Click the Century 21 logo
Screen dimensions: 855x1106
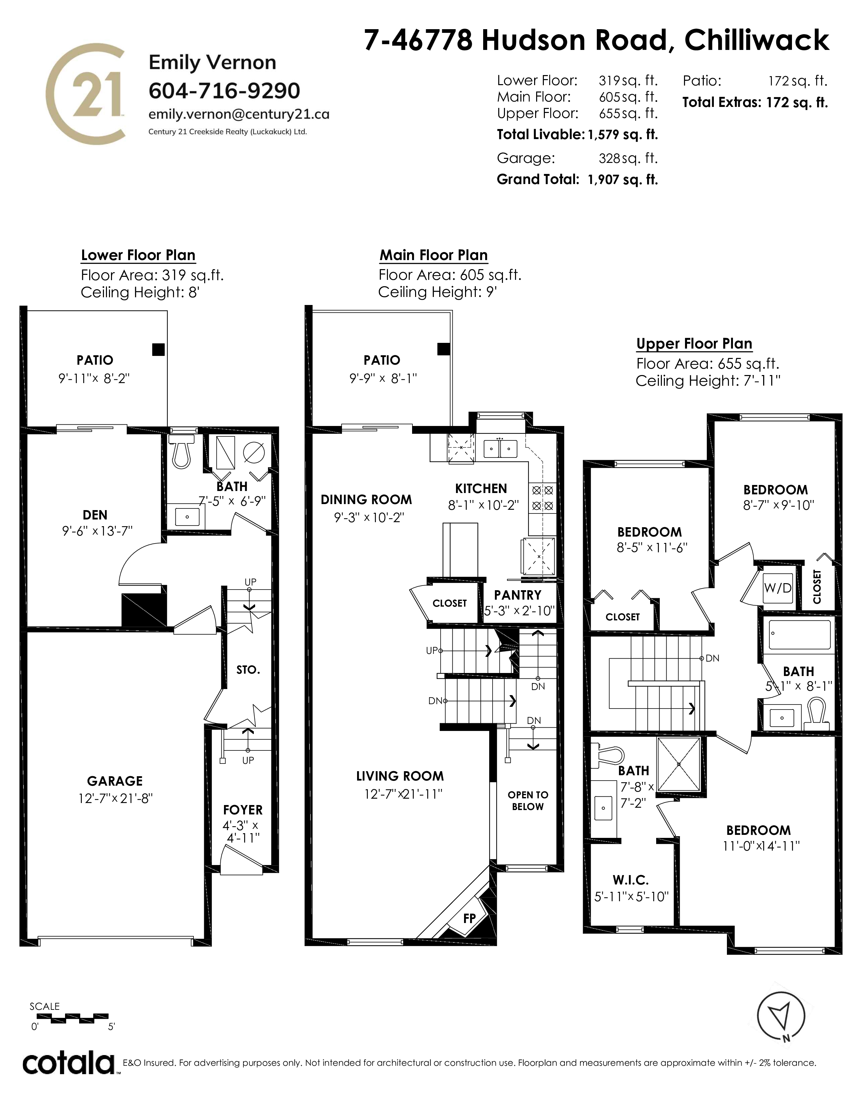click(x=85, y=94)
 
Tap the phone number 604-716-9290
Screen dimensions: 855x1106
click(x=224, y=90)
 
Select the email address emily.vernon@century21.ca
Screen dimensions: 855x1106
click(x=239, y=114)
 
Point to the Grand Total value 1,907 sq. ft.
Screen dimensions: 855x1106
click(x=623, y=180)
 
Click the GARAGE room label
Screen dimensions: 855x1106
click(x=115, y=781)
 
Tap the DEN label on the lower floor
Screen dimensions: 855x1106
click(x=95, y=515)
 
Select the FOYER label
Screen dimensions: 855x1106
click(x=243, y=810)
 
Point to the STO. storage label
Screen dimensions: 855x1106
click(x=248, y=670)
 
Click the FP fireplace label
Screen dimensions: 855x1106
click(x=469, y=918)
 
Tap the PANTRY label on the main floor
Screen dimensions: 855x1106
click(x=518, y=595)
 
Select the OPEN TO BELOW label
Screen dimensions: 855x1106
click(x=528, y=801)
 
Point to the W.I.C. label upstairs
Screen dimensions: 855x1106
click(x=631, y=880)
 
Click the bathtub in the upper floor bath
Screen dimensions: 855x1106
click(x=800, y=634)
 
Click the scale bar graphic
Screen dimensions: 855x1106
click(x=69, y=1016)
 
